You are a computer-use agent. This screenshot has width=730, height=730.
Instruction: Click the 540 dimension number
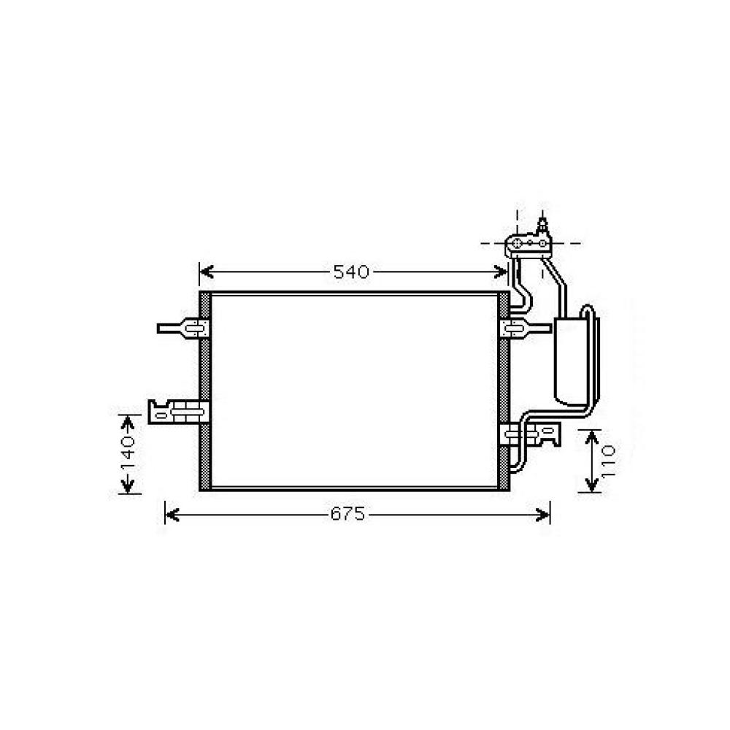(351, 272)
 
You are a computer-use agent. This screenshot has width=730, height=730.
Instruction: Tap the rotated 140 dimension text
(128, 454)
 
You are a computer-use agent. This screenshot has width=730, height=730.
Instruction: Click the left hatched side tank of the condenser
(205, 391)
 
